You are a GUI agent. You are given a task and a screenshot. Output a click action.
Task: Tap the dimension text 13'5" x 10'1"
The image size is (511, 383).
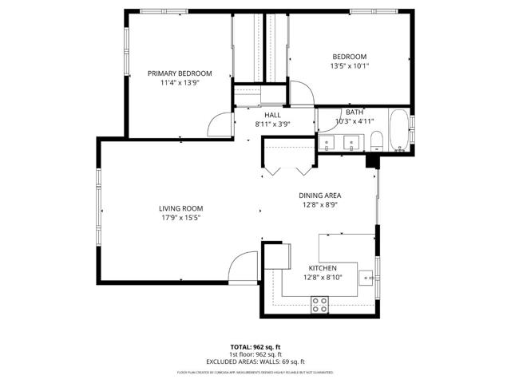[x=349, y=66]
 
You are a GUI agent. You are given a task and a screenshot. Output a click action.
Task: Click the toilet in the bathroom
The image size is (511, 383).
[x=376, y=141]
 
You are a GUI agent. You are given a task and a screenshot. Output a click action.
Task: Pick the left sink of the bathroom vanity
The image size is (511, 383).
[x=329, y=143]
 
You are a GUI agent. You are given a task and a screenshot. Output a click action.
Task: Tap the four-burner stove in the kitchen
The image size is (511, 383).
[x=319, y=303]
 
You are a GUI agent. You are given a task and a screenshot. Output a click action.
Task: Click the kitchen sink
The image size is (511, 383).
[x=368, y=278]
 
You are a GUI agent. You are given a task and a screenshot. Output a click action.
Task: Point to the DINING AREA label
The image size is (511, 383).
[x=320, y=195]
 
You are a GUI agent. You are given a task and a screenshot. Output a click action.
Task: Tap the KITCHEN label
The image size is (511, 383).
[x=323, y=268]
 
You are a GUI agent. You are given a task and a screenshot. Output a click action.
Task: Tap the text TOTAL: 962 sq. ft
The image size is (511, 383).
[x=255, y=346]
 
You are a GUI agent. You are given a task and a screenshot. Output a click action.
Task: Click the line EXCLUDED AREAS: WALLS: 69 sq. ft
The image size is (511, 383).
[x=255, y=361]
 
